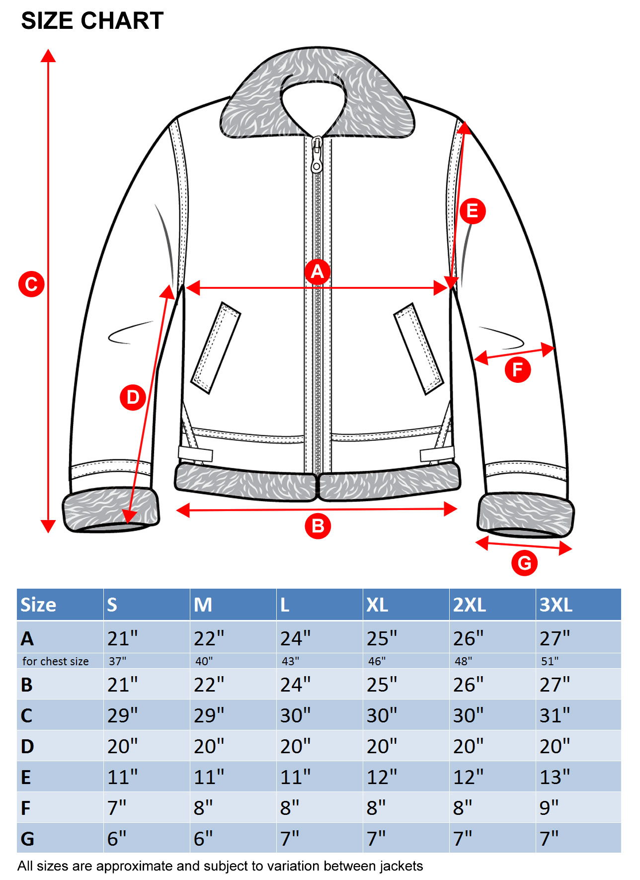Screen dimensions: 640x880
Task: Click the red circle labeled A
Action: click(317, 271)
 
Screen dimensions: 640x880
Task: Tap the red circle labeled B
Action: click(318, 526)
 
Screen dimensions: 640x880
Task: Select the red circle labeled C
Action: click(31, 284)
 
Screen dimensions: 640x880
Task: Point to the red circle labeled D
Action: click(133, 397)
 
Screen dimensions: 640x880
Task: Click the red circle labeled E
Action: click(472, 211)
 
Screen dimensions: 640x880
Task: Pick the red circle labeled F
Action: click(518, 370)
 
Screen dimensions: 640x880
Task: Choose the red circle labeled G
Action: click(524, 563)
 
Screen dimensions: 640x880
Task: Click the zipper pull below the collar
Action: click(317, 154)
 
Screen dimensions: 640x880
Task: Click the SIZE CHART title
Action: click(92, 21)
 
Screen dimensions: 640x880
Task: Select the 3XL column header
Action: click(556, 605)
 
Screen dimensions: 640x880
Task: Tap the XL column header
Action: click(377, 605)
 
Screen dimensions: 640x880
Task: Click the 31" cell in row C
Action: click(555, 715)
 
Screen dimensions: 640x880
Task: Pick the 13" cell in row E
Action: click(555, 777)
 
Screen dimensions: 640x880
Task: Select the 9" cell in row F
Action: click(549, 808)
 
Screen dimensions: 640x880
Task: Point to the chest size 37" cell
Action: click(117, 661)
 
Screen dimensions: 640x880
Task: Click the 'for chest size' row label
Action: click(56, 661)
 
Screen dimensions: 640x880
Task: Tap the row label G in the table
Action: click(27, 839)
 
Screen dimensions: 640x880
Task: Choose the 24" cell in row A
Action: click(295, 638)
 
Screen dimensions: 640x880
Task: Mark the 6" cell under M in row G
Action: click(203, 839)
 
